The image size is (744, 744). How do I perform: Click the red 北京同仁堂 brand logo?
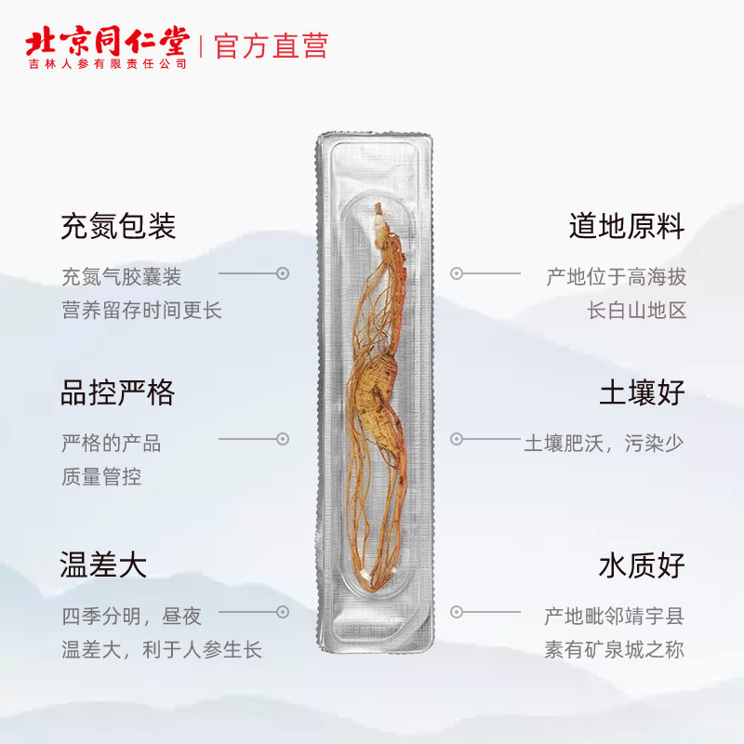[107, 42]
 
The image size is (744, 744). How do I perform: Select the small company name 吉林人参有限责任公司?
[107, 64]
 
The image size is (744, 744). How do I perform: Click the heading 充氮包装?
[118, 226]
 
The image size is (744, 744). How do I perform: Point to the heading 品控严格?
[118, 392]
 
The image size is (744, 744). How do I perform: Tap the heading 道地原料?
[627, 226]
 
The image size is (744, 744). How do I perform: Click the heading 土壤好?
[642, 392]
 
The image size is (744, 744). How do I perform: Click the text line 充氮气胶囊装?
[121, 276]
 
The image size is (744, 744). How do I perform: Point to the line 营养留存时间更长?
[141, 310]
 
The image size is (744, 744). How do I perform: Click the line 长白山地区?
[637, 310]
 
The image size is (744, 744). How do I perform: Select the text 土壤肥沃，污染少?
[604, 443]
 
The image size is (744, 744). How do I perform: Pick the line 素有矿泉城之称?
[615, 649]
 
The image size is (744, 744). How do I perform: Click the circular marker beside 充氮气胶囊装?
[283, 273]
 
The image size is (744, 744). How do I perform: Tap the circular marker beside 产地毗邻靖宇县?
[457, 612]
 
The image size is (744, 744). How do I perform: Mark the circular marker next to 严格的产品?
[283, 439]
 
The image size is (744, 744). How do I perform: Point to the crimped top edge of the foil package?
[376, 139]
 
